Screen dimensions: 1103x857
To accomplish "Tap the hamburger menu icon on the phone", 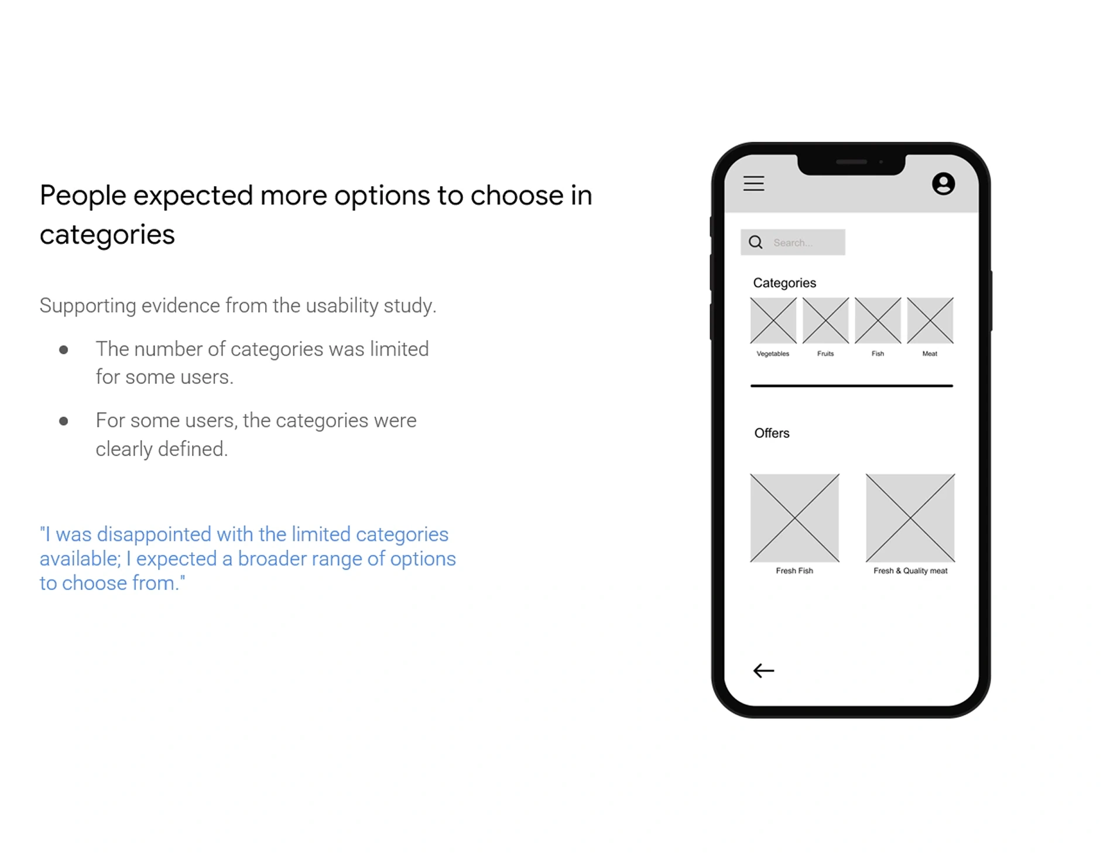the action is [x=753, y=183].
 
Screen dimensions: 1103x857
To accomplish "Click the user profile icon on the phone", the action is [x=943, y=184].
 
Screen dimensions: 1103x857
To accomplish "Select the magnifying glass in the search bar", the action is [x=756, y=242].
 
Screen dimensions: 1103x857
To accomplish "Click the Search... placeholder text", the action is [x=793, y=243].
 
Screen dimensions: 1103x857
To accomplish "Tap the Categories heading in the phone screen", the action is [x=785, y=283].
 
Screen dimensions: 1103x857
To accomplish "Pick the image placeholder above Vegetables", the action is [x=773, y=320].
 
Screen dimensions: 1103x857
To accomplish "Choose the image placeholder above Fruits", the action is [x=825, y=320].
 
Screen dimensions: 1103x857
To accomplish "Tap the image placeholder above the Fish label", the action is [x=878, y=320].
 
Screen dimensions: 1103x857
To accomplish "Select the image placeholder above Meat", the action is [x=930, y=320].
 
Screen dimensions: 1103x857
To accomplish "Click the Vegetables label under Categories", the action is [x=773, y=354].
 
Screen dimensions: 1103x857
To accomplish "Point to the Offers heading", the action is [x=772, y=433].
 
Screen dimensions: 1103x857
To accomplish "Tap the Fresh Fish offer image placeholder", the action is [x=794, y=518].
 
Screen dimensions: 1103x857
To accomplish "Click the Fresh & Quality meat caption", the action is [x=910, y=571].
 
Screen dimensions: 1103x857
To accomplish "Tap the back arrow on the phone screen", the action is [x=763, y=670].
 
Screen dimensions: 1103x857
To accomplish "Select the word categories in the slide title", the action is [x=107, y=235].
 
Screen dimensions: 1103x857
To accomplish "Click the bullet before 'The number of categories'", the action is [x=64, y=350].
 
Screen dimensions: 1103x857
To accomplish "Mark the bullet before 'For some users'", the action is [x=64, y=421].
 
